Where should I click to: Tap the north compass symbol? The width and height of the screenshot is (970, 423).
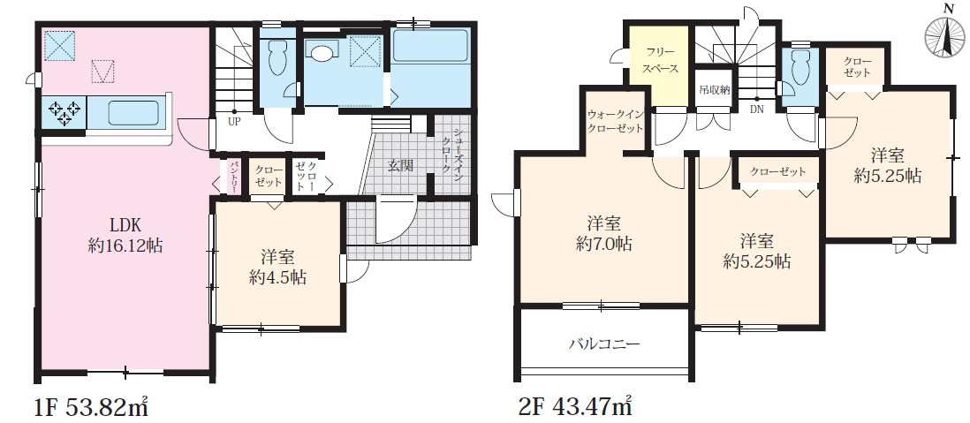pyautogui.click(x=946, y=37)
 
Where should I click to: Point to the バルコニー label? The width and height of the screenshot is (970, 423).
pyautogui.click(x=603, y=344)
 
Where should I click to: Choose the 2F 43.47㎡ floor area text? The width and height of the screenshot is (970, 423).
pyautogui.click(x=574, y=409)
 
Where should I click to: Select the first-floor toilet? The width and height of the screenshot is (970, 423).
pyautogui.click(x=278, y=59)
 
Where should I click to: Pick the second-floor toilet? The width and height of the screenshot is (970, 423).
pyautogui.click(x=800, y=69)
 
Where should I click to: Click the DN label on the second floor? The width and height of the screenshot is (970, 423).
pyautogui.click(x=757, y=110)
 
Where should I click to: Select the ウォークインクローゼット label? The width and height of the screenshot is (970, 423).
pyautogui.click(x=616, y=122)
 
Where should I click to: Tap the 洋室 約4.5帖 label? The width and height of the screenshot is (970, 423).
pyautogui.click(x=277, y=267)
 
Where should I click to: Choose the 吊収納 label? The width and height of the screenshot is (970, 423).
pyautogui.click(x=714, y=89)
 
